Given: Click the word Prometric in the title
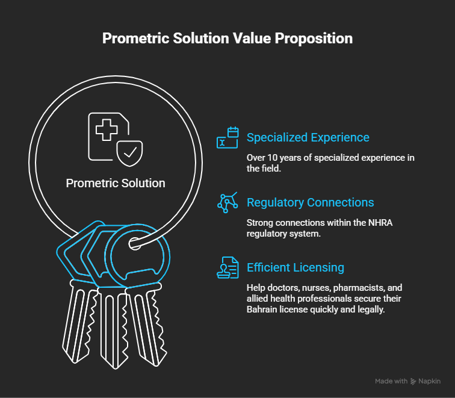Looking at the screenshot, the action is pyautogui.click(x=136, y=39).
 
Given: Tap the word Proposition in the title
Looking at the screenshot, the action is pyautogui.click(x=314, y=39).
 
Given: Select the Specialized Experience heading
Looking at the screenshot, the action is pyautogui.click(x=308, y=137).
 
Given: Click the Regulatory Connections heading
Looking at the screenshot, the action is pyautogui.click(x=310, y=202).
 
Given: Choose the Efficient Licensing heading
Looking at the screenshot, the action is pyautogui.click(x=296, y=267).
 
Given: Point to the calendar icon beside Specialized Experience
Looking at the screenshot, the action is pyautogui.click(x=227, y=138).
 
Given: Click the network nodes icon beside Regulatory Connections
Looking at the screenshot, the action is pyautogui.click(x=227, y=202).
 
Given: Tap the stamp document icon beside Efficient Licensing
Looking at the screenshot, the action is pyautogui.click(x=227, y=267).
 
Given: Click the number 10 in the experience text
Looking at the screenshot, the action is pyautogui.click(x=272, y=158).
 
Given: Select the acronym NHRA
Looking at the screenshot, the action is pyautogui.click(x=380, y=223).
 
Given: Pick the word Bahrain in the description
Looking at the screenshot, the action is pyautogui.click(x=262, y=309).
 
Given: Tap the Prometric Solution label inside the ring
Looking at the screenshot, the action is pyautogui.click(x=116, y=183).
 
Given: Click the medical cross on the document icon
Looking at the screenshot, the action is pyautogui.click(x=107, y=130).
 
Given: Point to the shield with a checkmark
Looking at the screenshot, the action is pyautogui.click(x=129, y=154).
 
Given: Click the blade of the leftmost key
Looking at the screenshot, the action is pyautogui.click(x=79, y=322).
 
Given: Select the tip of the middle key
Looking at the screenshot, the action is pyautogui.click(x=115, y=368).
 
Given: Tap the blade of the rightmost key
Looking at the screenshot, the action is pyautogui.click(x=148, y=325).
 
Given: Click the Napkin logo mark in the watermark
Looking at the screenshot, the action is pyautogui.click(x=413, y=382).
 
